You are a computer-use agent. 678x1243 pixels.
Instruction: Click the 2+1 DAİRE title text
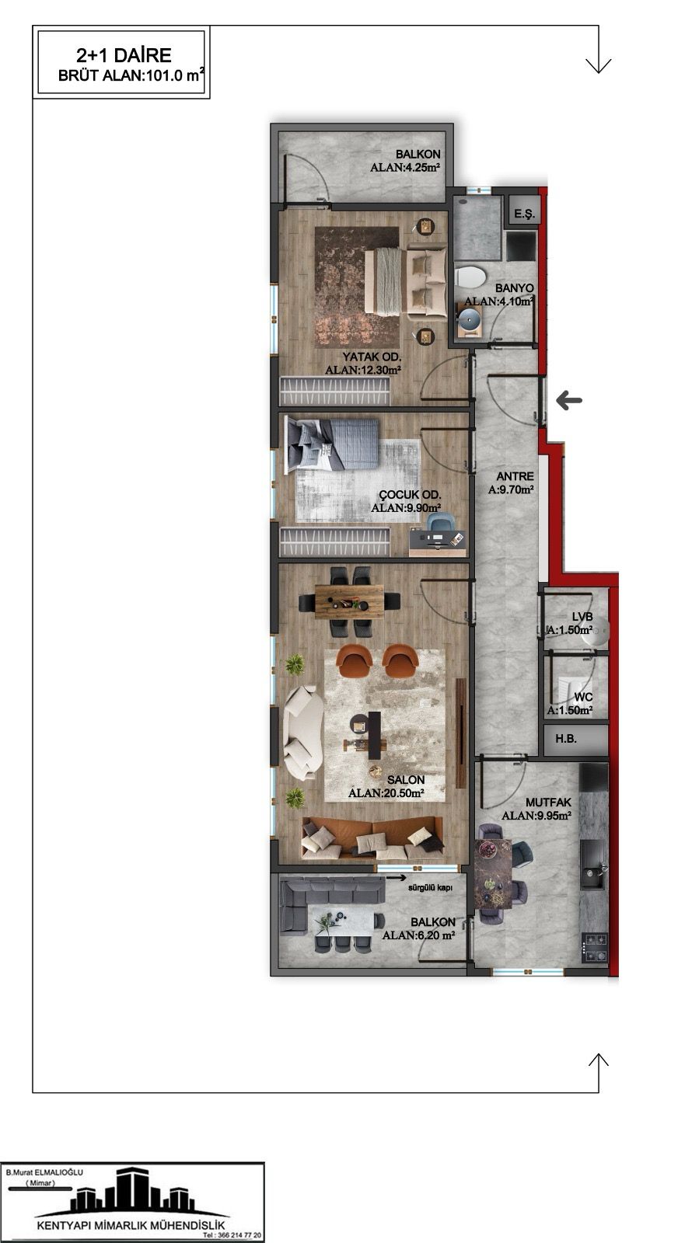coord(124,55)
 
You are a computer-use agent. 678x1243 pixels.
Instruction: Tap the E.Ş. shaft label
coord(523,214)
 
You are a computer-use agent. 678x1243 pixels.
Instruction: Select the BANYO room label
coord(514,288)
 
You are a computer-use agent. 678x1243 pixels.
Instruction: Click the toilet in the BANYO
coord(470,277)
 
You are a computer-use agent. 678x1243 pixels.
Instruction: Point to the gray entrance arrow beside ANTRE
coord(569,399)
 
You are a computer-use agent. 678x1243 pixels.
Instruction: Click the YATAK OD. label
coord(372,357)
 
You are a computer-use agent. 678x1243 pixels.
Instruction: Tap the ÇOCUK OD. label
coord(410,495)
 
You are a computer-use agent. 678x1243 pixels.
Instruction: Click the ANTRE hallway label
coord(515,476)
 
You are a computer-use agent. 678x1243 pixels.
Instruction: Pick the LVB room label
coord(582,617)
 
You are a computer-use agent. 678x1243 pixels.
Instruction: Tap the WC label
coord(583,697)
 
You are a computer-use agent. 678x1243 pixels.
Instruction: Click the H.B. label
coord(566,739)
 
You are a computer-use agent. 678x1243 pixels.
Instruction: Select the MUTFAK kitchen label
coord(548,803)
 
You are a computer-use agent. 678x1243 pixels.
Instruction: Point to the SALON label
coord(406,780)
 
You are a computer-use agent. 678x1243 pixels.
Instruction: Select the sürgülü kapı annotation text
coord(430,887)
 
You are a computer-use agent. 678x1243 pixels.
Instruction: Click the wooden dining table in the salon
coord(348,601)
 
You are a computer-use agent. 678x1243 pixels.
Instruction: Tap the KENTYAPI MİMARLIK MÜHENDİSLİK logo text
coord(131,1226)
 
